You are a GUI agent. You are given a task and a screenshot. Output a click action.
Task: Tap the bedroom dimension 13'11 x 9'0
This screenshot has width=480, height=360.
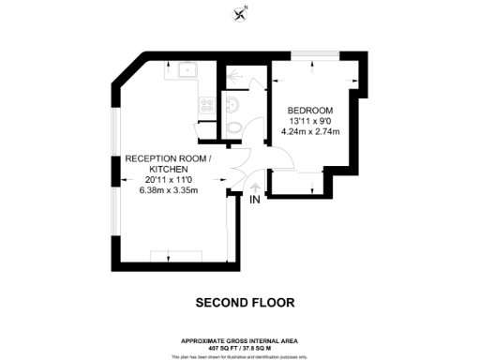click(x=308, y=121)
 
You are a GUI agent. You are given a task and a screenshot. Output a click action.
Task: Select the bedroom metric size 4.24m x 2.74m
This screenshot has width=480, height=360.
click(x=308, y=132)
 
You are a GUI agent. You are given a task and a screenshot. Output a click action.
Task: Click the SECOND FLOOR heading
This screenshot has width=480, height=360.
click(x=244, y=303)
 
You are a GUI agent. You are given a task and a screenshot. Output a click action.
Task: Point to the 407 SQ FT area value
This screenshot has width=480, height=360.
click(x=222, y=347)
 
